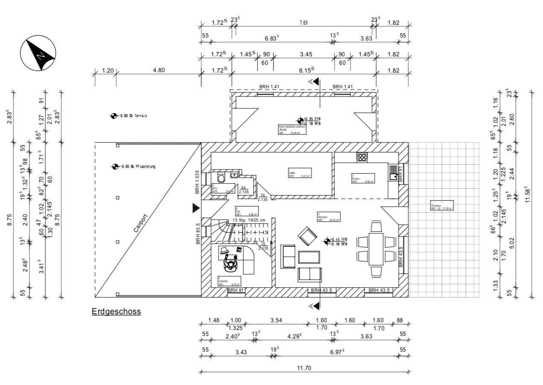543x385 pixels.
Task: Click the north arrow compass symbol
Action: coord(38,53)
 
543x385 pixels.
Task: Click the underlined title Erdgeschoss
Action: coord(116,312)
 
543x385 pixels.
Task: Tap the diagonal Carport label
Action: coord(140,223)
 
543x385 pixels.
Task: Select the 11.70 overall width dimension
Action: coord(304,368)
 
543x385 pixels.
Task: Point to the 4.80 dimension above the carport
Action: coord(159,70)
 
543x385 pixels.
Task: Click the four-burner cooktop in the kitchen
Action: coord(362,157)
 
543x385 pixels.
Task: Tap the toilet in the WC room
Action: coord(220,178)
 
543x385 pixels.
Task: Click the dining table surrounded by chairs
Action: coord(377,249)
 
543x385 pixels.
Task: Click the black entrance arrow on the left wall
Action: coord(196,208)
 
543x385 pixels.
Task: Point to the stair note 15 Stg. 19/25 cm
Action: coord(250,220)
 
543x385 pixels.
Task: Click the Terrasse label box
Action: coord(442,207)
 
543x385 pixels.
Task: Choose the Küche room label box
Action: coord(363,178)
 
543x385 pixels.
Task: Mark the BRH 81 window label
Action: coord(236,290)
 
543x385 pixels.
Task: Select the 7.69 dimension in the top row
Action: coord(303,23)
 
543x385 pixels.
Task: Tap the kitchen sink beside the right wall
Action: coord(393,172)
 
